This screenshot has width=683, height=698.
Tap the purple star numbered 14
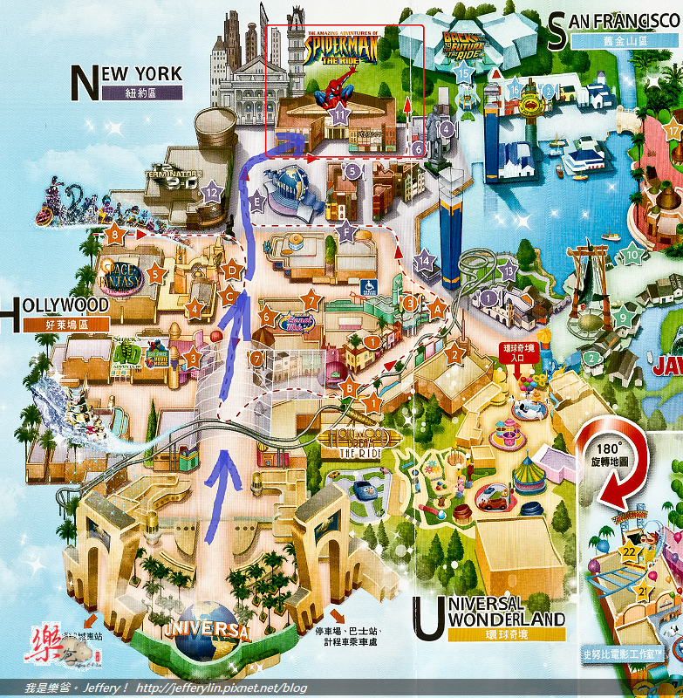[425, 260]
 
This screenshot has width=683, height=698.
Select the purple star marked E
[255, 202]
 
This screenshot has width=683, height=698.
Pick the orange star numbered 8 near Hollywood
[113, 234]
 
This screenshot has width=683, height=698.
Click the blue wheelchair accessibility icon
[367, 284]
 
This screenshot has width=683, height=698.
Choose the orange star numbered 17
[672, 132]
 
